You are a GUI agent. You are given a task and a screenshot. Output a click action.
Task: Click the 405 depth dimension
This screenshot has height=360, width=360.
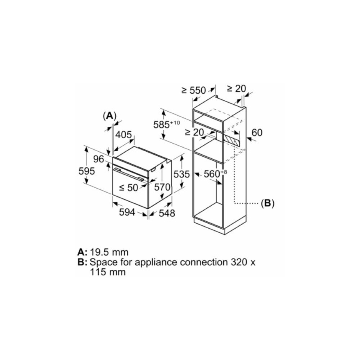(123, 135)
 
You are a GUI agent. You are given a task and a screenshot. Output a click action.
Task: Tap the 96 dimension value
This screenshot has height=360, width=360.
(99, 159)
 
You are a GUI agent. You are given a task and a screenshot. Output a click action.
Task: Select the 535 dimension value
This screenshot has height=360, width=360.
(181, 174)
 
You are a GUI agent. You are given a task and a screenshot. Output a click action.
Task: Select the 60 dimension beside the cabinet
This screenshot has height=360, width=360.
(257, 132)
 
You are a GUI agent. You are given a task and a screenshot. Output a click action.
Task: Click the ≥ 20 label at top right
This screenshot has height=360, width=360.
(236, 88)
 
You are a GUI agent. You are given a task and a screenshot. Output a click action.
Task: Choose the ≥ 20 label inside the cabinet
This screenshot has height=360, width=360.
(194, 132)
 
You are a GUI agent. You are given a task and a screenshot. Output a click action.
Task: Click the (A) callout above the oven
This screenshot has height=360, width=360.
(110, 116)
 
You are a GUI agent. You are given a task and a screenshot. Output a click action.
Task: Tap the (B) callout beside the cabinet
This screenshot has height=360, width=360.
(267, 203)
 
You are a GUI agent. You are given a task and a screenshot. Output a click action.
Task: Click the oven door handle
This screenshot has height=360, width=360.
(128, 174)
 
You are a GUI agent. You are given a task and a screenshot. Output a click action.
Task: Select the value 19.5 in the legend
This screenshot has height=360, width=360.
(102, 252)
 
